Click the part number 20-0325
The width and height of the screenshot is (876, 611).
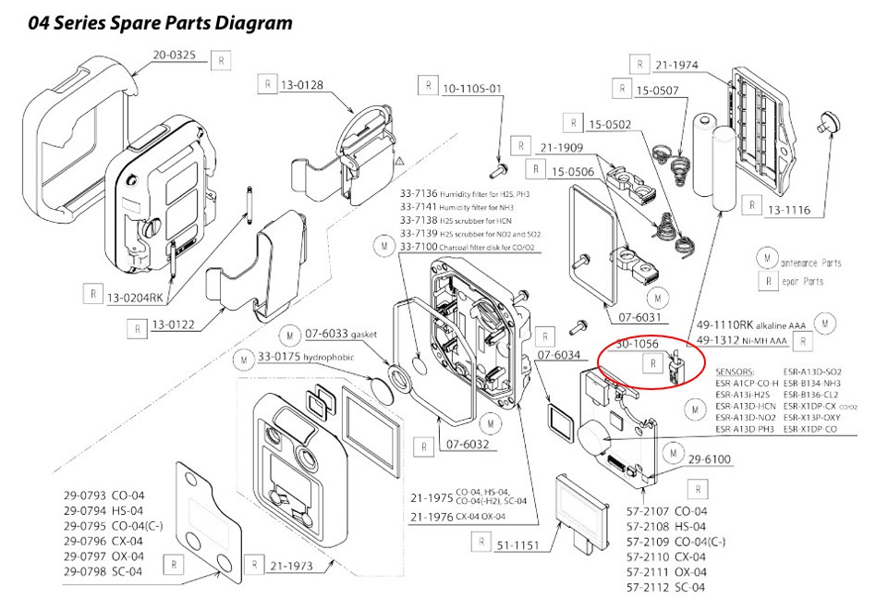point(174,56)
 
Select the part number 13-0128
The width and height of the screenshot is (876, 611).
point(302,85)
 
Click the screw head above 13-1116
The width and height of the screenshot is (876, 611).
point(824,119)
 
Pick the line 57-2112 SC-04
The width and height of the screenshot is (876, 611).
point(665,587)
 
